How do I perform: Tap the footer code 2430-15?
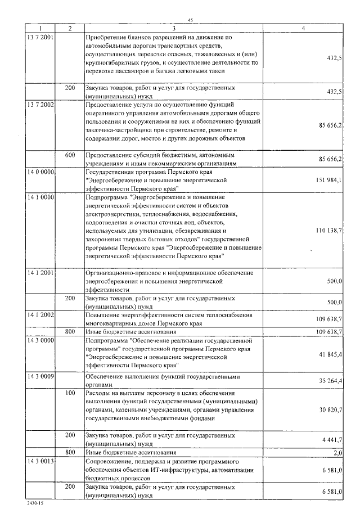34,504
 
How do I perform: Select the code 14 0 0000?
40,172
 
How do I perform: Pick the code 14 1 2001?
40,272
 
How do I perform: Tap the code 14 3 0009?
40,374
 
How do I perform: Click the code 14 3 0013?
40,461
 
